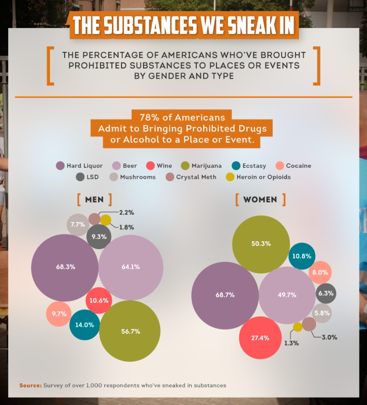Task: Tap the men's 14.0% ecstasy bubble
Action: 85,325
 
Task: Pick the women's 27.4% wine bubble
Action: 260,338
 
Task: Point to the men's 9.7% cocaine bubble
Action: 59,314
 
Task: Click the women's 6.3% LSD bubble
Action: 326,293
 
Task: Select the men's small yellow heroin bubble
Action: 106,220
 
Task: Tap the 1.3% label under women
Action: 292,343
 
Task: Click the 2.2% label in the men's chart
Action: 126,212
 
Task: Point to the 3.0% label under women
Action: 329,337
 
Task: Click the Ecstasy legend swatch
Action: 236,166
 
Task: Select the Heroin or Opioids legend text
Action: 264,177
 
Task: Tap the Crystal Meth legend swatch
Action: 170,177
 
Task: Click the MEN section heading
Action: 94,200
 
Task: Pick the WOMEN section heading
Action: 260,200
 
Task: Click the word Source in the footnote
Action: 30,386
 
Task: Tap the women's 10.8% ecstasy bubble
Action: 302,256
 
